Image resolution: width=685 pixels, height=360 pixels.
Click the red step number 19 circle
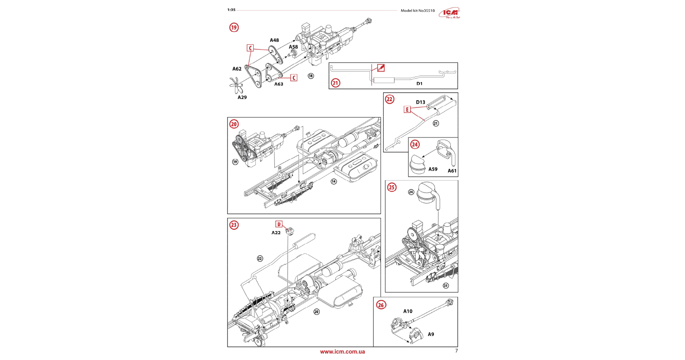point(234,27)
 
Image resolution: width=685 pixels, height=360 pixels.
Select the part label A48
point(274,40)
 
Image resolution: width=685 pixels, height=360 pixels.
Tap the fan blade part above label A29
point(236,85)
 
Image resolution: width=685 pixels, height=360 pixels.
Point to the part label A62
point(237,69)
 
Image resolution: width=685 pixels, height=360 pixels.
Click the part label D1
point(419,83)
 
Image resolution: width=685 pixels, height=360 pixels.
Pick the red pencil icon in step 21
point(381,68)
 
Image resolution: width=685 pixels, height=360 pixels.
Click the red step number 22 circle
point(389,99)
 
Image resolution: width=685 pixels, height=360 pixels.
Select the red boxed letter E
point(407,110)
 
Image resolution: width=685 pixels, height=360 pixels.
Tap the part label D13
point(420,102)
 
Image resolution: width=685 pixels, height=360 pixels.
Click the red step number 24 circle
point(415,144)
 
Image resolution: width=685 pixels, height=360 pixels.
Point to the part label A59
point(433,169)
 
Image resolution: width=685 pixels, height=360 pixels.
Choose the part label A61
point(452,171)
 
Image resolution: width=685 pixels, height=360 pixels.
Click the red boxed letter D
point(279,224)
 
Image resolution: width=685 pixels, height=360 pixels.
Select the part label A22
point(276,233)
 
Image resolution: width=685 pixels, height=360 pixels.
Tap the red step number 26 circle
point(381,305)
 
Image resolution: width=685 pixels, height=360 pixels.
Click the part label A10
point(408,311)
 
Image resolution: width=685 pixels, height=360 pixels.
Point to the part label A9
point(431,334)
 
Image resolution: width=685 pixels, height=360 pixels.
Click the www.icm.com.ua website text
point(342,352)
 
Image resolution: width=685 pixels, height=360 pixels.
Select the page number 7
point(456,351)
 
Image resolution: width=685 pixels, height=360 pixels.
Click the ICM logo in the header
point(449,13)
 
